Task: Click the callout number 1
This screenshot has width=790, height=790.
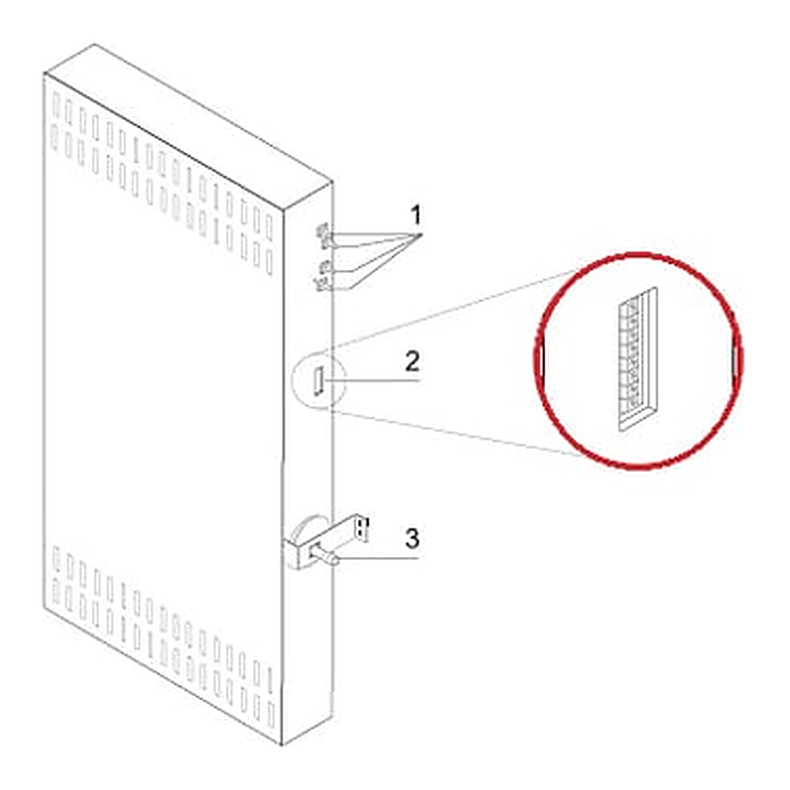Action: pyautogui.click(x=416, y=216)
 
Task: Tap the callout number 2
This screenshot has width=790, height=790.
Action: pyautogui.click(x=412, y=361)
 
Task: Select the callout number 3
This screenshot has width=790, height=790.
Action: pyautogui.click(x=412, y=538)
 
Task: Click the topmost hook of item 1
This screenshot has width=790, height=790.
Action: pyautogui.click(x=323, y=234)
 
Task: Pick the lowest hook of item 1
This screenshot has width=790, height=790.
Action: pyautogui.click(x=322, y=284)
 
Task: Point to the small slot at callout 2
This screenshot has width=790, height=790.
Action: pyautogui.click(x=319, y=381)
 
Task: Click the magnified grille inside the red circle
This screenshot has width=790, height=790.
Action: pyautogui.click(x=637, y=360)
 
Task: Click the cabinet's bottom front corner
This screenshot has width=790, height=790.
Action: pyautogui.click(x=282, y=745)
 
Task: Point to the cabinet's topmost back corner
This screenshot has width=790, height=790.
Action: pyautogui.click(x=94, y=44)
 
